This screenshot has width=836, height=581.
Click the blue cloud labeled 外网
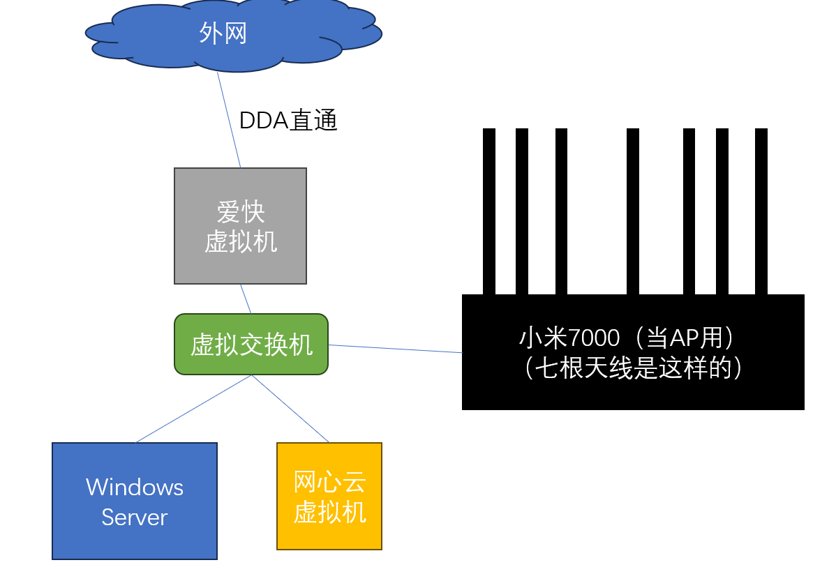pos(230,35)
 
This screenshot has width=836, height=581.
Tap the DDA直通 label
pos(288,121)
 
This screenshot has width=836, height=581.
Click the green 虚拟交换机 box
pos(251,345)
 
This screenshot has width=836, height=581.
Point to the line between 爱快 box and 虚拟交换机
pos(246,299)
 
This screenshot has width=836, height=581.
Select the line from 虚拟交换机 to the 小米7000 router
pos(395,349)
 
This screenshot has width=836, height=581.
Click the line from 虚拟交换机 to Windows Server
pos(194,409)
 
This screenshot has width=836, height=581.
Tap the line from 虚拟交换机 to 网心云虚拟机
pos(290,409)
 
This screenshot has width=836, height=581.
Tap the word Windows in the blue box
pos(135,487)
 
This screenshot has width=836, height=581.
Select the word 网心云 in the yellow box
pos(329,482)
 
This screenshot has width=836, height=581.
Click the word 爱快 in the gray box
pos(240,211)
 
